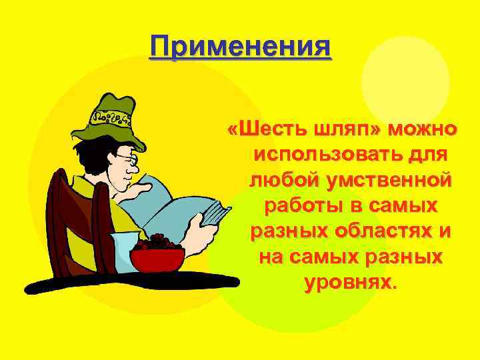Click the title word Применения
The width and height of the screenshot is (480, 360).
(240, 47)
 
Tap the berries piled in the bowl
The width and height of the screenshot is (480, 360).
(157, 242)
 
